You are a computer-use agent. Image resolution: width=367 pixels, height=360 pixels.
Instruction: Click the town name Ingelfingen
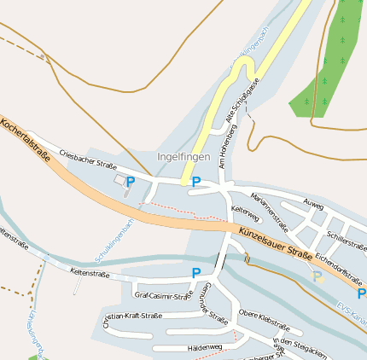click(x=183, y=157)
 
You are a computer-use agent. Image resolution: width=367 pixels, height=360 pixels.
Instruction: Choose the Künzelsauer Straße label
click(x=275, y=242)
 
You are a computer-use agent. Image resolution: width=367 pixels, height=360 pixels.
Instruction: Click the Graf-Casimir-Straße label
click(x=163, y=296)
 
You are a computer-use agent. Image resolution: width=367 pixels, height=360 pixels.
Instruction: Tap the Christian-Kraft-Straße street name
click(x=132, y=319)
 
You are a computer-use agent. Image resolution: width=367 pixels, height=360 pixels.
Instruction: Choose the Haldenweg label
click(x=204, y=347)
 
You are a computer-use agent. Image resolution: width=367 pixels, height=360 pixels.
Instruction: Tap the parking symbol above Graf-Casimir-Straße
click(x=196, y=273)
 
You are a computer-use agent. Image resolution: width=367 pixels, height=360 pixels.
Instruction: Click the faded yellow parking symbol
click(x=317, y=276)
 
